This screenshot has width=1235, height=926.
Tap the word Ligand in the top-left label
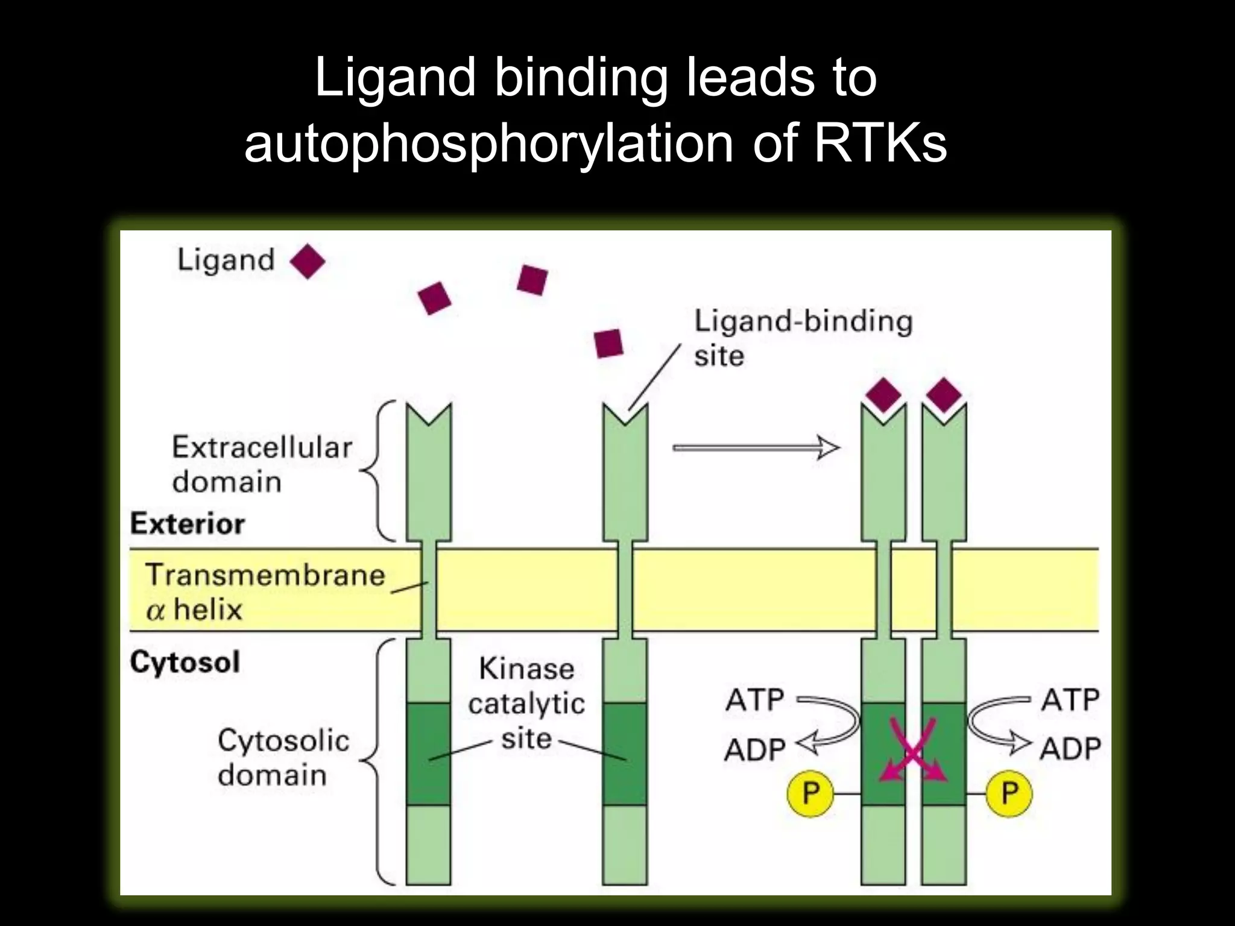(226, 260)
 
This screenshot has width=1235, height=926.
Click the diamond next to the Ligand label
(308, 261)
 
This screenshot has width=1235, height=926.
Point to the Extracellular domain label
(262, 464)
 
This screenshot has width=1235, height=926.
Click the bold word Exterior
(188, 523)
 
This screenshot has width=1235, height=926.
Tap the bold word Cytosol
(185, 662)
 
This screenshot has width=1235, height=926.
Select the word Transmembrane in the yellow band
(265, 575)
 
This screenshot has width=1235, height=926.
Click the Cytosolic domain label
(283, 757)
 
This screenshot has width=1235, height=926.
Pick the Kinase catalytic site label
(526, 704)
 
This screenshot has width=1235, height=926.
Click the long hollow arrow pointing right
(756, 448)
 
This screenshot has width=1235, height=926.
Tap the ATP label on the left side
(754, 700)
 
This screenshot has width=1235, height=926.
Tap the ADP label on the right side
(1070, 748)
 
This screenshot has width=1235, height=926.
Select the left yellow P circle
(810, 793)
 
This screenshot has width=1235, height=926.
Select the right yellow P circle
(1009, 793)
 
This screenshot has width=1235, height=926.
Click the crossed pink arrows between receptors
(913, 751)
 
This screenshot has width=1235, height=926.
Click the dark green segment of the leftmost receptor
(428, 754)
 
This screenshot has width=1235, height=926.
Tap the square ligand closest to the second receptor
(608, 344)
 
